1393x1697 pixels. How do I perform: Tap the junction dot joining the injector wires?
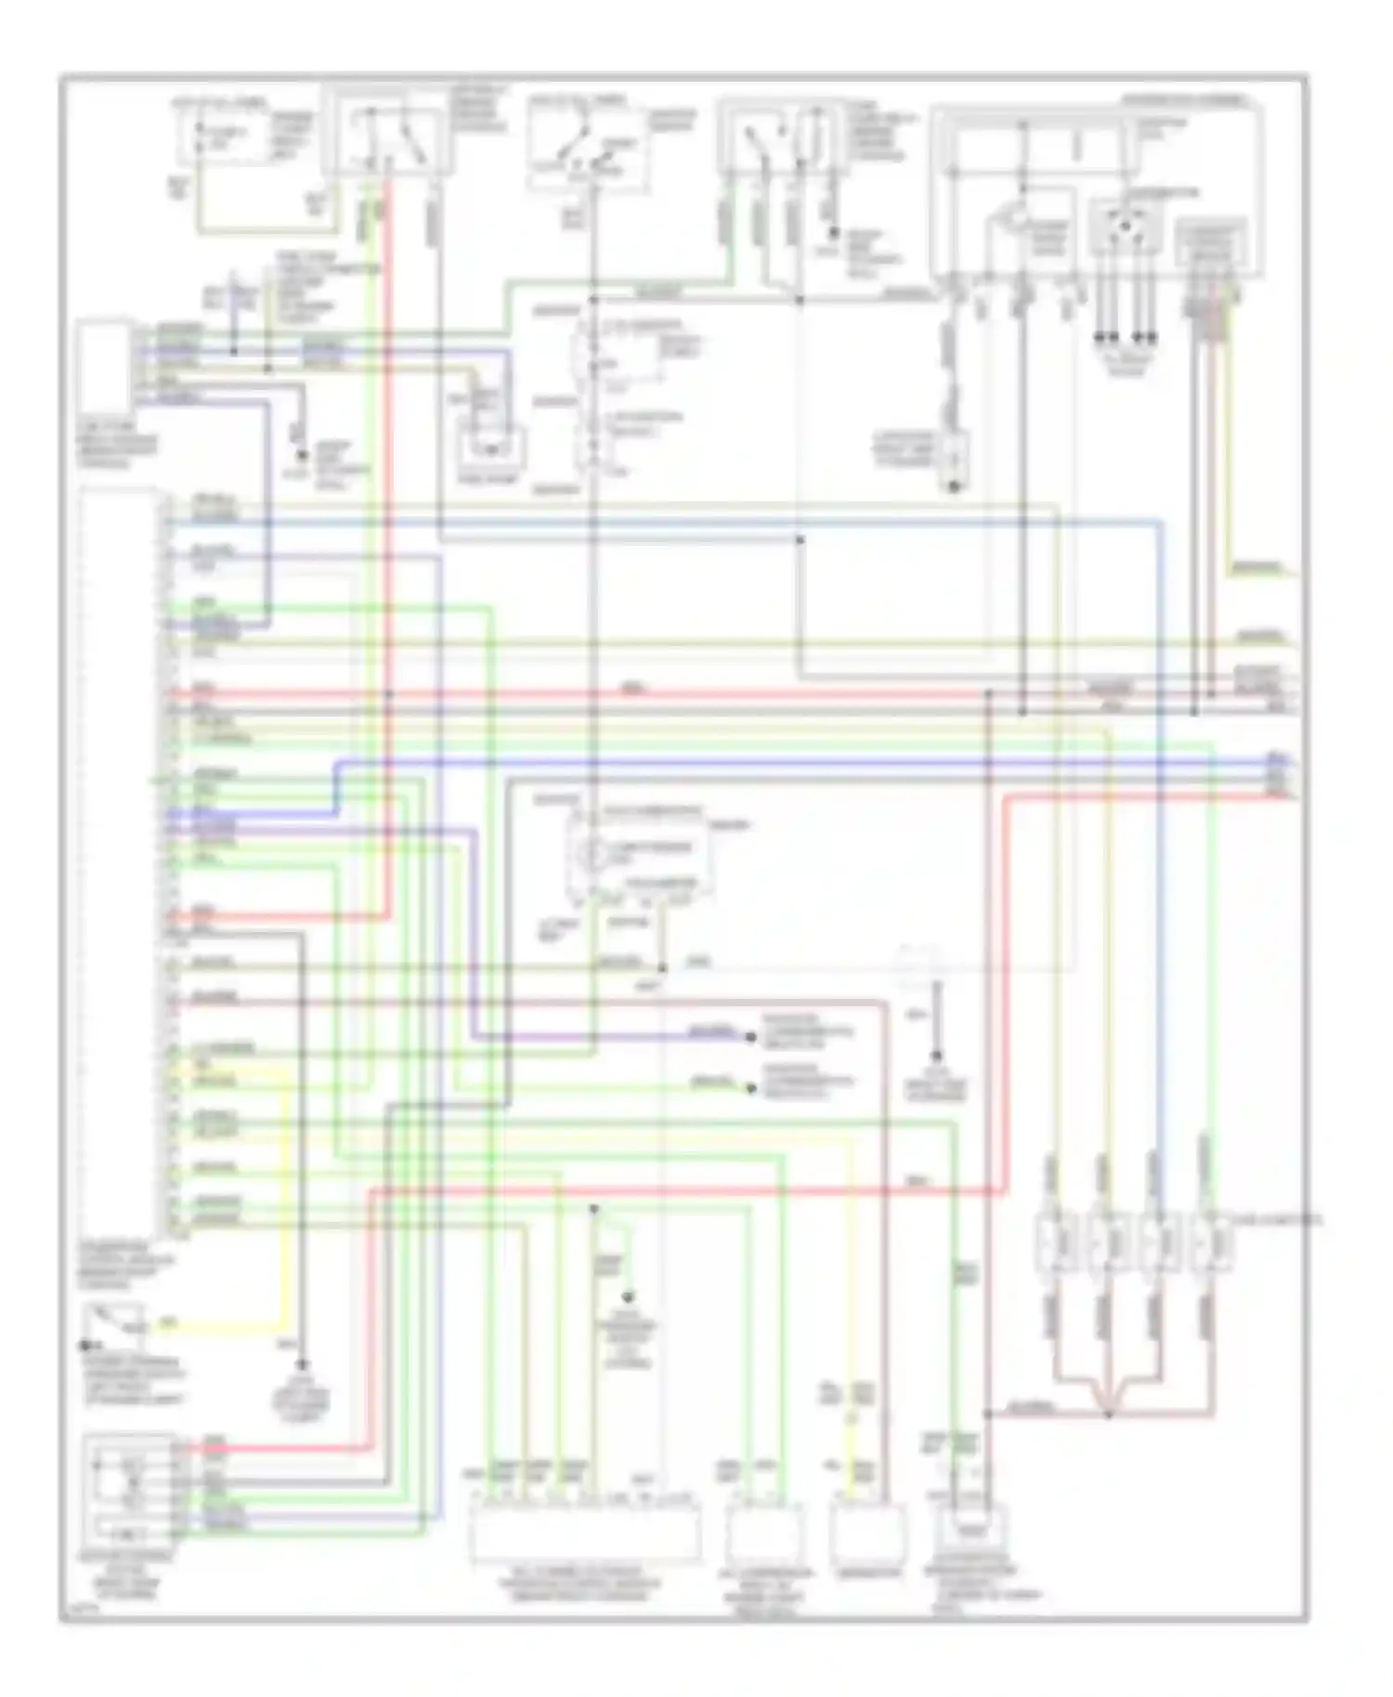pos(1108,1415)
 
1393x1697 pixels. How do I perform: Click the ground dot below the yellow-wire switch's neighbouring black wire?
pos(301,1365)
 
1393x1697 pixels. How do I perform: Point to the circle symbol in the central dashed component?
pos(592,852)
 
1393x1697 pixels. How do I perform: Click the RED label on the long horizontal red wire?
pos(631,689)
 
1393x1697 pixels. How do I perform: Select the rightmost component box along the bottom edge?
pos(972,1533)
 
